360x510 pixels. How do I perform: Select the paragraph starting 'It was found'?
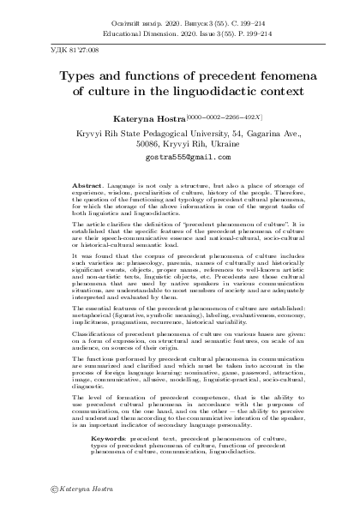180,285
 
